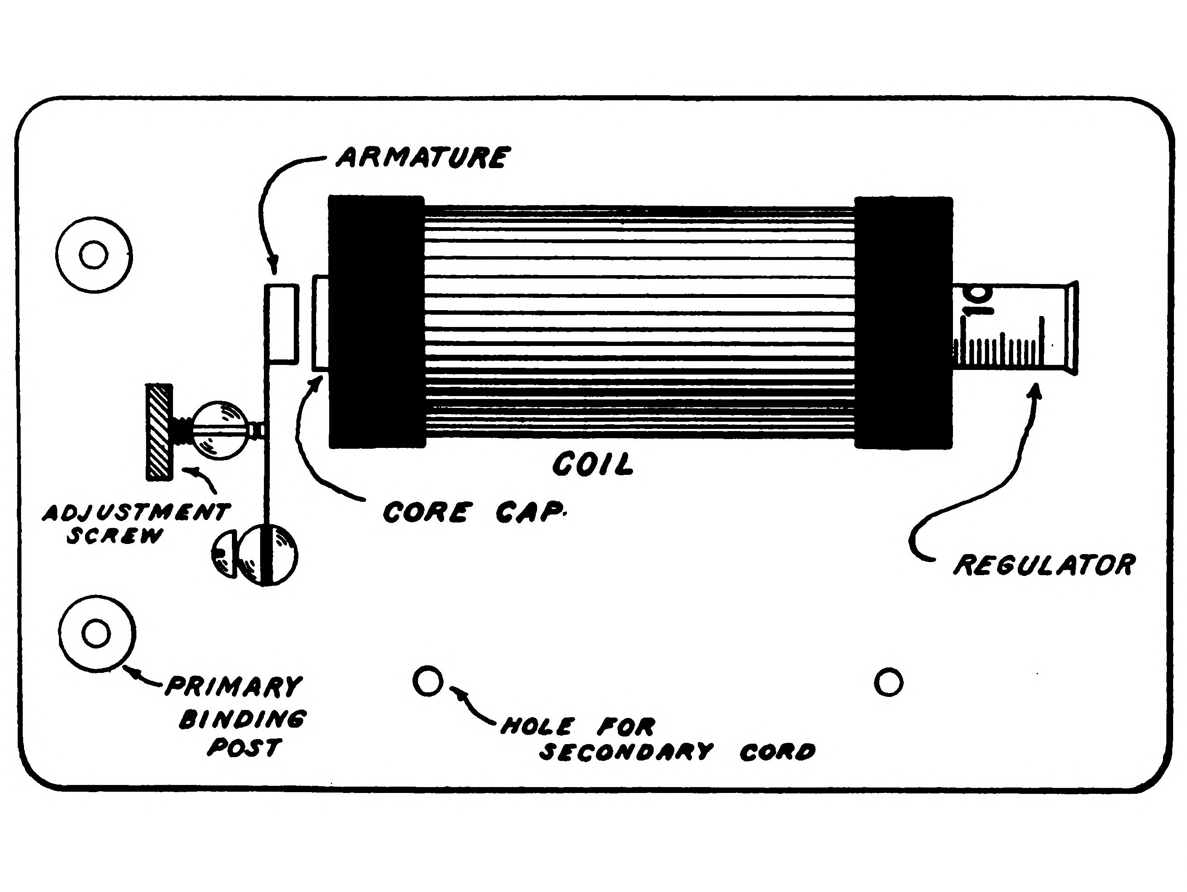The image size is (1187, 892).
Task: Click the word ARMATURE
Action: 422,158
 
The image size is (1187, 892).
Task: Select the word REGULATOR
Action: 1044,565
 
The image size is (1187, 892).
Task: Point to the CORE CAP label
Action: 474,512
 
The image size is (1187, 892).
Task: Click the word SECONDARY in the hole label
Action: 625,752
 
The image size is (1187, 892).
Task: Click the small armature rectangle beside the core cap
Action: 282,324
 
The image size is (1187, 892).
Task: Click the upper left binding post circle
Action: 94,254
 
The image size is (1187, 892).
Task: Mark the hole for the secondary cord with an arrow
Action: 428,681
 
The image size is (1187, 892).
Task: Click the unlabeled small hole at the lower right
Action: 888,683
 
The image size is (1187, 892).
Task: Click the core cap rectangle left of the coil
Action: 321,323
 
